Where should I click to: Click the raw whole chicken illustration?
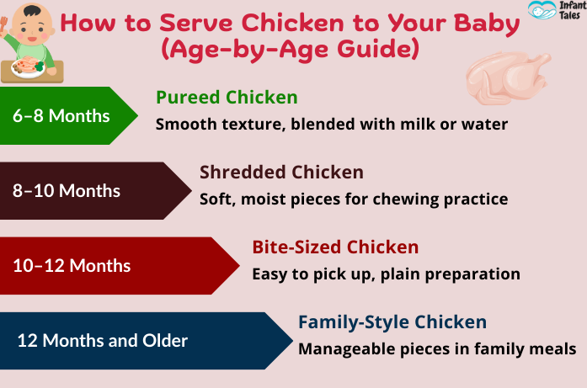(508, 77)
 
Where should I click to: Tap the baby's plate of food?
(28, 67)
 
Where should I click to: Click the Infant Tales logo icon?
(542, 10)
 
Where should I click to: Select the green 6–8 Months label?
(61, 115)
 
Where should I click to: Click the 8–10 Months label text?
(67, 190)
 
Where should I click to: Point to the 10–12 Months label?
(72, 266)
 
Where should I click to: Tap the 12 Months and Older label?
(103, 341)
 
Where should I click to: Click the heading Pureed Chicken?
(227, 98)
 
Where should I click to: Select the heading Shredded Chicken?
(281, 172)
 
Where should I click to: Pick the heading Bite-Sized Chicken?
(335, 247)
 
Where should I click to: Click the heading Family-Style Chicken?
(392, 322)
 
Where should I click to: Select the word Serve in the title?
(196, 24)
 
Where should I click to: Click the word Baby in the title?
(487, 24)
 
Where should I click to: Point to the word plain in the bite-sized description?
(401, 274)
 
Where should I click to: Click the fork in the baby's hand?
(3, 24)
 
